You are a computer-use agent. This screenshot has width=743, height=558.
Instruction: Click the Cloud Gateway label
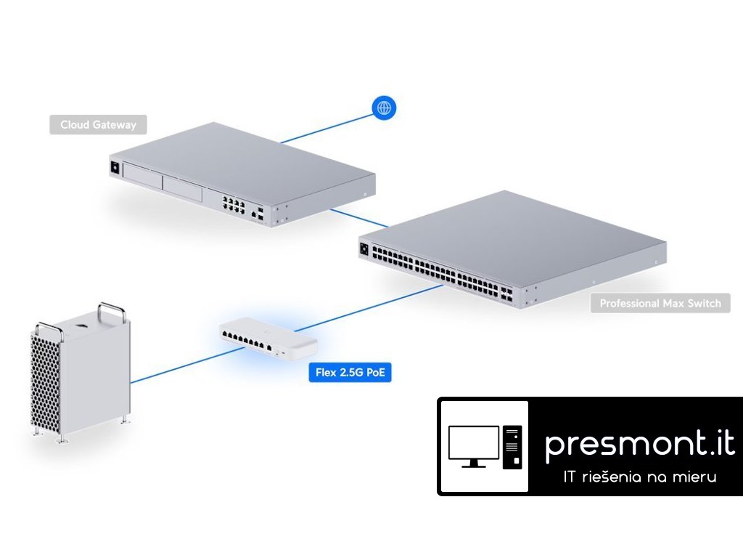(98, 125)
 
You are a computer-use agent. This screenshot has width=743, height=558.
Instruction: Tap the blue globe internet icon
(385, 108)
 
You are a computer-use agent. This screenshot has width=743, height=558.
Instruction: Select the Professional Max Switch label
(660, 303)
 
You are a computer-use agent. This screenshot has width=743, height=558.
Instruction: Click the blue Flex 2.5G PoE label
(350, 373)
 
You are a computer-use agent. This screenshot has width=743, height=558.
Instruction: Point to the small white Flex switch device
(268, 339)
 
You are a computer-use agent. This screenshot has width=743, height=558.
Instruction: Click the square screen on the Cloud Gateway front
(114, 168)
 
